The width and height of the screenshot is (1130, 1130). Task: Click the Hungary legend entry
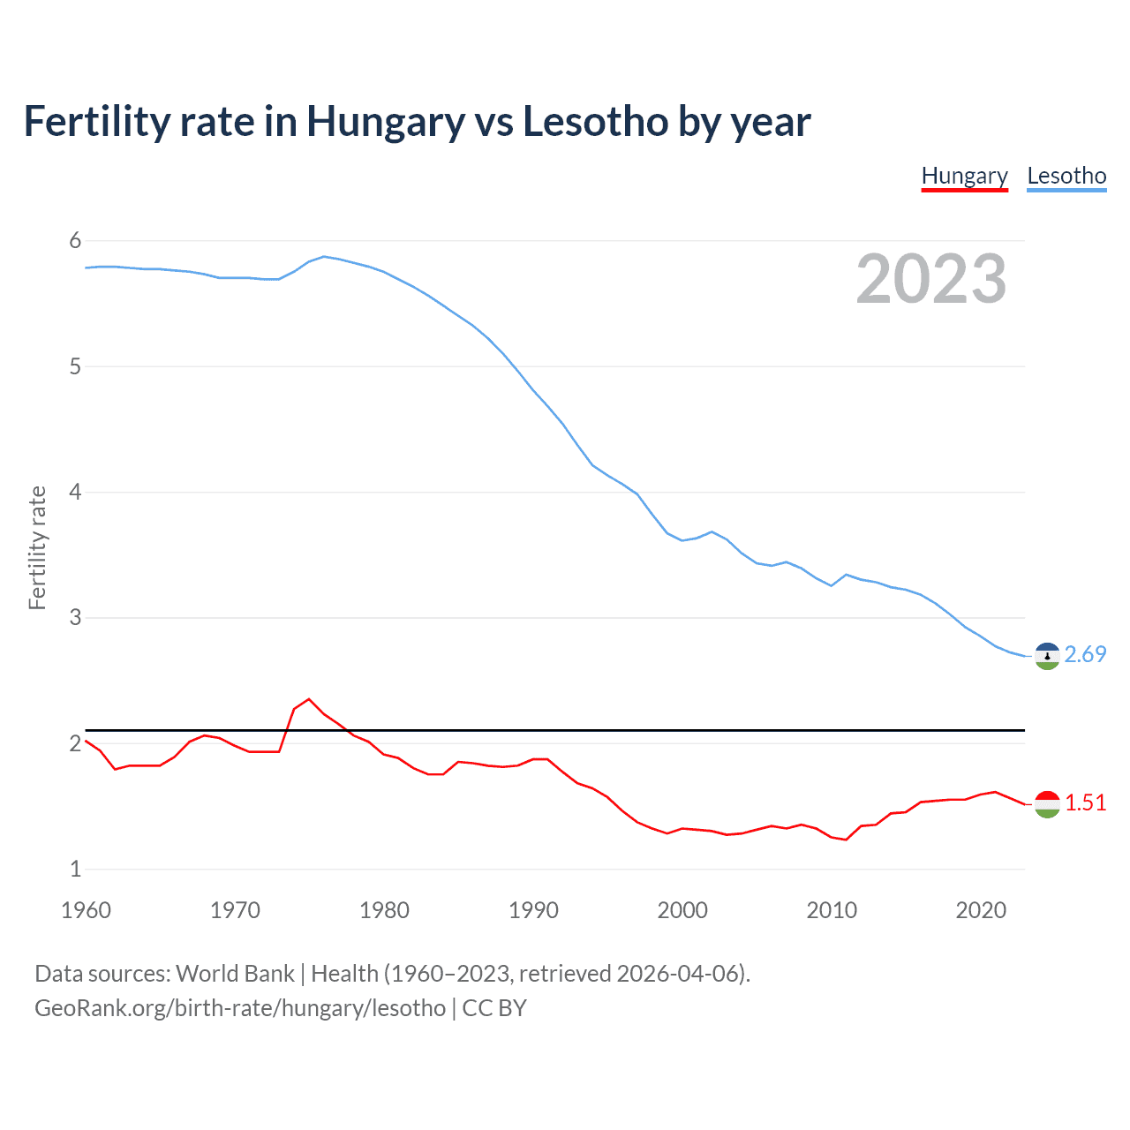point(964,177)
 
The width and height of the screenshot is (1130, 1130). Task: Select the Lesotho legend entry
point(1066,177)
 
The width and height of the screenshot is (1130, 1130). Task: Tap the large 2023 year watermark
point(931,279)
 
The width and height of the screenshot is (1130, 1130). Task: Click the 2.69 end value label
point(1085,654)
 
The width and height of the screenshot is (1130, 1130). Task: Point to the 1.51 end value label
point(1085,802)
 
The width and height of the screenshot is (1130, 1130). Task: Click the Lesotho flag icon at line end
point(1047,656)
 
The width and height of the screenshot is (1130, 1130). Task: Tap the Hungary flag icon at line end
point(1047,804)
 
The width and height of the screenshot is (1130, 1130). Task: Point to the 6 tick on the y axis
point(75,241)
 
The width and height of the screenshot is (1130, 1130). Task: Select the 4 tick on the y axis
point(75,492)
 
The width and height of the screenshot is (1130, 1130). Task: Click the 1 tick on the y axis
point(75,869)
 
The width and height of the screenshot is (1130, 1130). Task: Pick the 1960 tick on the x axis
point(86,910)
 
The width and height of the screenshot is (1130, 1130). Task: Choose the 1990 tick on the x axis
point(533,910)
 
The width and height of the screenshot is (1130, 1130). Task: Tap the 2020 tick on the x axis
point(981,910)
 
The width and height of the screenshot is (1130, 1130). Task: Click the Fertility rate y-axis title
point(37,547)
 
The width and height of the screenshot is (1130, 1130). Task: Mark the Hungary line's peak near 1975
point(309,699)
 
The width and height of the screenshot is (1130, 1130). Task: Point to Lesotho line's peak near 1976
point(324,256)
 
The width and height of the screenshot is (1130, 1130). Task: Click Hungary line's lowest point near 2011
point(846,840)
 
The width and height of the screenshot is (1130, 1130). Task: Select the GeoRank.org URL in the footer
point(240,1008)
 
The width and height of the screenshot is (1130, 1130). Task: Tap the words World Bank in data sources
point(235,974)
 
